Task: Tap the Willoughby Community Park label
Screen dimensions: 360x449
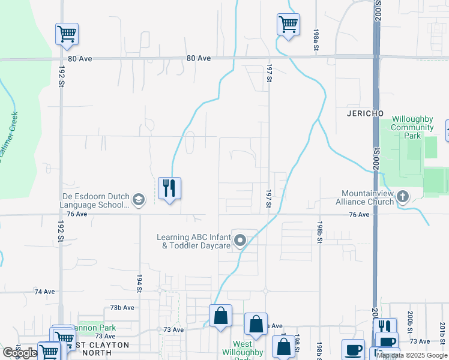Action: (412, 128)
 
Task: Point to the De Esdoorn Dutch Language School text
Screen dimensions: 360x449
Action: (95, 200)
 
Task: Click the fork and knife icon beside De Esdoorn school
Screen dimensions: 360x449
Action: (169, 188)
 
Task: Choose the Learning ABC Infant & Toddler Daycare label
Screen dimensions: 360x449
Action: (194, 241)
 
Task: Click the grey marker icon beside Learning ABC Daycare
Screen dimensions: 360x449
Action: (240, 241)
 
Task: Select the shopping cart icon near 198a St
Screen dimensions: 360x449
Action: (288, 25)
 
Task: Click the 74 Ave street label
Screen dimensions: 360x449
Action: (44, 292)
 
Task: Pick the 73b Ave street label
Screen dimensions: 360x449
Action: (122, 308)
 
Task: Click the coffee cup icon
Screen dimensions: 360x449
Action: (353, 350)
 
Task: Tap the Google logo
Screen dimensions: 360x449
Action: (19, 353)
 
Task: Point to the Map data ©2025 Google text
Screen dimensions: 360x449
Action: (412, 356)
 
